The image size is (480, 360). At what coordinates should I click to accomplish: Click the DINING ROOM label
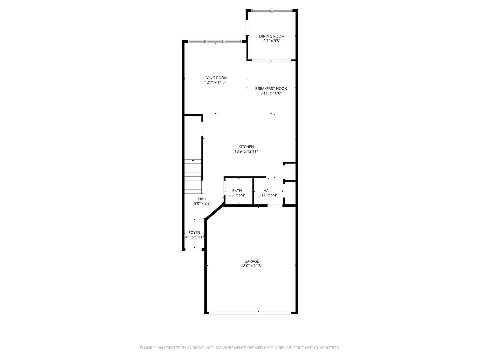coord(272,36)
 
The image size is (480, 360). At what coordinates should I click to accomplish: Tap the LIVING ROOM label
coord(215,78)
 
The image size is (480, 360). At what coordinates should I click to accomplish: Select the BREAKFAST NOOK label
coord(271,89)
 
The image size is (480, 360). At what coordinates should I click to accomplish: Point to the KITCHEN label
coord(246,147)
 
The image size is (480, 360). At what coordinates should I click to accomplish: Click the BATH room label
coord(237,191)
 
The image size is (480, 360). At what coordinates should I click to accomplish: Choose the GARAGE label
coord(251,261)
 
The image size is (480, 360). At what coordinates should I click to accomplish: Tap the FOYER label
coord(194,233)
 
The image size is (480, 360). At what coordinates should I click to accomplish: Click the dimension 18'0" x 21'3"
coord(251,266)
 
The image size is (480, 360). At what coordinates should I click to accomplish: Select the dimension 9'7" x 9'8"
coord(272,41)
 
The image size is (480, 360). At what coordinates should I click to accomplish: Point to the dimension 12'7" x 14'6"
coord(215,82)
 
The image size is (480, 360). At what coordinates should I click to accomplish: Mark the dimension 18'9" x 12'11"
coord(246,151)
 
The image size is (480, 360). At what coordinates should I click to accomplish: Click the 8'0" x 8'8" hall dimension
coord(202,203)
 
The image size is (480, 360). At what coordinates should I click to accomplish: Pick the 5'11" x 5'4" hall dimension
coord(268,195)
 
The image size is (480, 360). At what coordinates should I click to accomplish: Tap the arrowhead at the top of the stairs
coord(193,161)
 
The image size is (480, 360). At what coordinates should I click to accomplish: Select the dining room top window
coord(272,11)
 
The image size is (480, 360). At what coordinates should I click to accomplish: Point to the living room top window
coord(215,42)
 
